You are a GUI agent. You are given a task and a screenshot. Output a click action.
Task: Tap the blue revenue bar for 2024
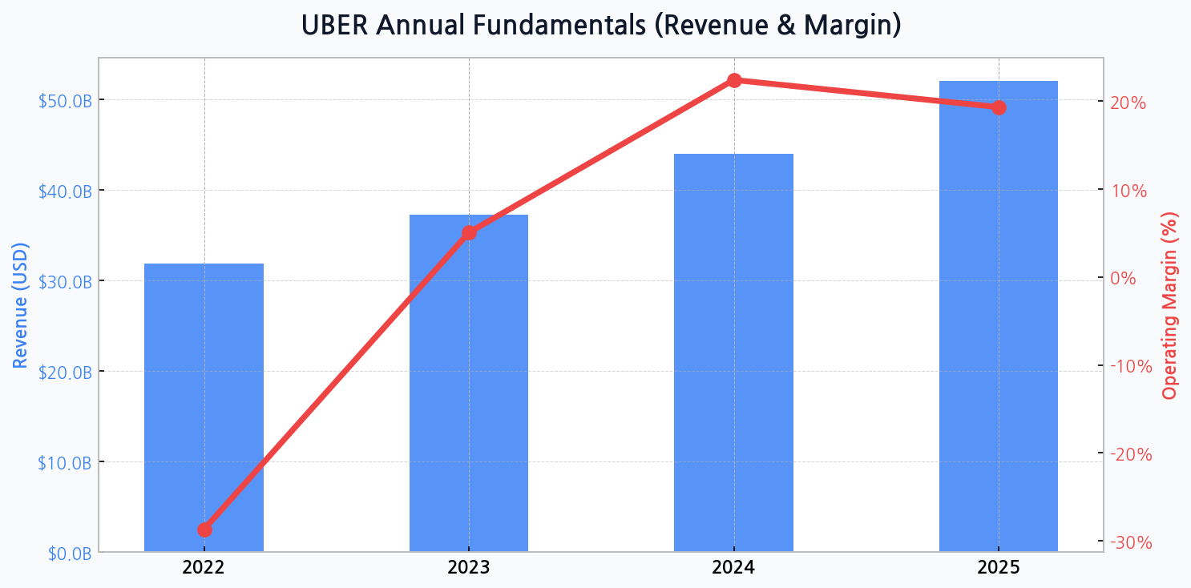pos(733,352)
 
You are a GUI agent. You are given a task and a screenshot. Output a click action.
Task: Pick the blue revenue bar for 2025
pos(998,320)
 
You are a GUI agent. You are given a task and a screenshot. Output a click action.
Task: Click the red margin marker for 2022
pos(204,530)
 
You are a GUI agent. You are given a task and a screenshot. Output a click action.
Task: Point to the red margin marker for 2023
pos(469,232)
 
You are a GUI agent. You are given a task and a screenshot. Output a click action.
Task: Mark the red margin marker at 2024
pos(734,80)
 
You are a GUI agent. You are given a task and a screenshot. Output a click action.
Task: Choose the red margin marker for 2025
pos(999,107)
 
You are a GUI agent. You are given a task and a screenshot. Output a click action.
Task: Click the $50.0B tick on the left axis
pos(65,100)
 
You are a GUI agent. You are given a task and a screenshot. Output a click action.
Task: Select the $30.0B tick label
pos(65,281)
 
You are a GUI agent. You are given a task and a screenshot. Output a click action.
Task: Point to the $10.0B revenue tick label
pos(65,462)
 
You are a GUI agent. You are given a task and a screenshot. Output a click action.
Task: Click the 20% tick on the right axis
pos(1128,103)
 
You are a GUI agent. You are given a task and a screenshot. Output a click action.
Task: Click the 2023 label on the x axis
pos(469,569)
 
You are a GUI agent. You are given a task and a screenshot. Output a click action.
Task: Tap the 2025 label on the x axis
pos(998,569)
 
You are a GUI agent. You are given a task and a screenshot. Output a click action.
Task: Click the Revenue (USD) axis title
pos(21,304)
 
